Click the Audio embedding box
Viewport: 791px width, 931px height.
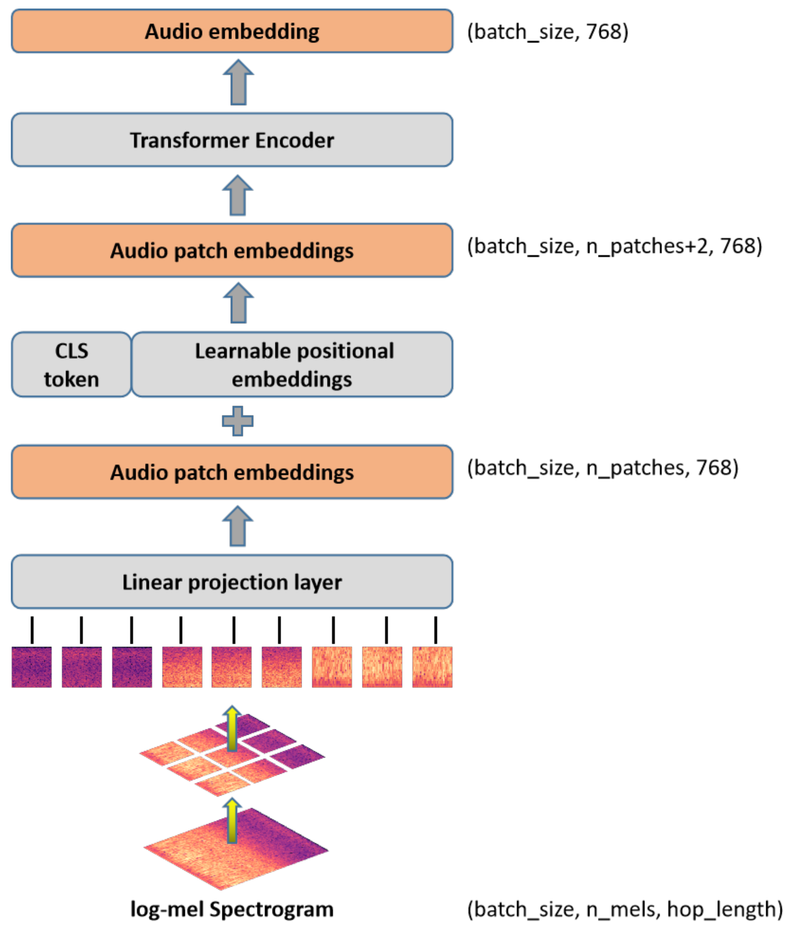(232, 31)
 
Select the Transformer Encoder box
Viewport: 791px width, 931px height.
(232, 140)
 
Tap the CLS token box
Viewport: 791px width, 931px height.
(71, 364)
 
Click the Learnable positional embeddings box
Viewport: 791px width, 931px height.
(292, 364)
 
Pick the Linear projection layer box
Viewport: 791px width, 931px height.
(232, 582)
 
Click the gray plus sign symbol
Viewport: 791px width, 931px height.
(238, 421)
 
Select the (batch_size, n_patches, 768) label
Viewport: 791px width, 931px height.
(603, 468)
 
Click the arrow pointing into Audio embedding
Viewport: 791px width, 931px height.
(238, 82)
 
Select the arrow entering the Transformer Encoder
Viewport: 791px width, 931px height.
(238, 196)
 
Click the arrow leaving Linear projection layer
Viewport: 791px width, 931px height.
(238, 527)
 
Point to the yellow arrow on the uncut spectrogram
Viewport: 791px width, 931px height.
(232, 821)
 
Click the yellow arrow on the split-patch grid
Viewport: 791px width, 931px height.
(232, 728)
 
